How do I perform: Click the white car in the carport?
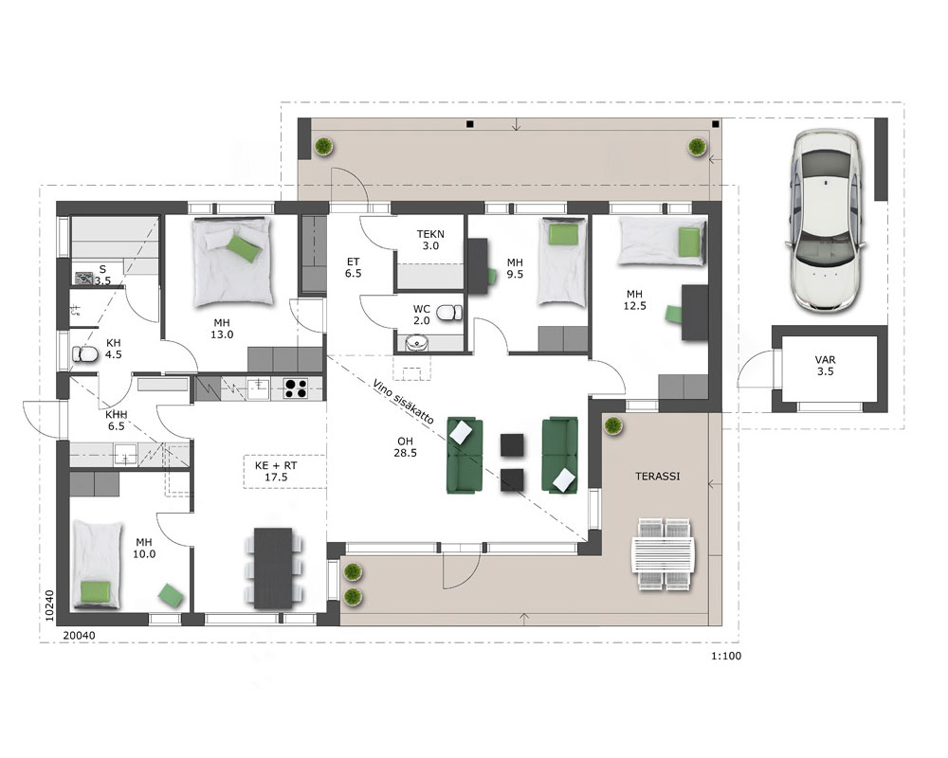[826, 220]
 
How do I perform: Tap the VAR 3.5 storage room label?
[826, 366]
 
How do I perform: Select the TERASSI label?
[657, 477]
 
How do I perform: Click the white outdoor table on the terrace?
[664, 553]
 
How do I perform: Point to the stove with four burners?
[296, 388]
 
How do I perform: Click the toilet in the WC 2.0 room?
[448, 313]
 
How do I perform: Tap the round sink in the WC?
[416, 343]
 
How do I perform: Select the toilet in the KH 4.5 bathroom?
[84, 354]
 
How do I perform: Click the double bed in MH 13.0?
[233, 262]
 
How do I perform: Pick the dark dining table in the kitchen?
[273, 568]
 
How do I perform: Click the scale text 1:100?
[726, 656]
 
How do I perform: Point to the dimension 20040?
[80, 635]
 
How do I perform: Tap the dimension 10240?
[49, 605]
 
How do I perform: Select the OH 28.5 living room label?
[405, 447]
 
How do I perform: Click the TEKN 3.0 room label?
[430, 240]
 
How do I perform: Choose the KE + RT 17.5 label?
[276, 472]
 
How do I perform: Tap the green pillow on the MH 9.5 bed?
[563, 233]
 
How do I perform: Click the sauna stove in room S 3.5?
[83, 278]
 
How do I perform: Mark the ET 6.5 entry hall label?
[353, 268]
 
